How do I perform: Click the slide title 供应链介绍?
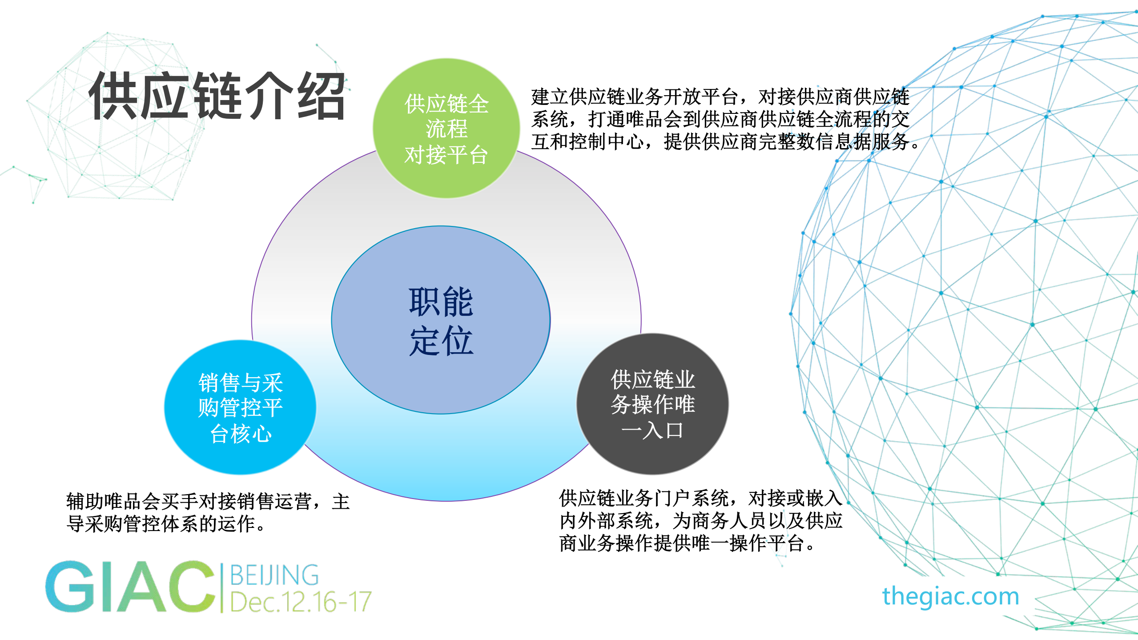(217, 96)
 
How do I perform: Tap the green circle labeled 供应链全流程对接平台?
(446, 128)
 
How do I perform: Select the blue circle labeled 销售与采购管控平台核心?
(240, 407)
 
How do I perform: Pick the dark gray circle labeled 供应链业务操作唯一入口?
(652, 404)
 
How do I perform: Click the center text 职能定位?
(441, 321)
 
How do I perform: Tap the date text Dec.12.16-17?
(301, 602)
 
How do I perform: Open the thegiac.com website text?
(950, 596)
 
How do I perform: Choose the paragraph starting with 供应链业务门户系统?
(700, 520)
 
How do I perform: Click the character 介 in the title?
(270, 96)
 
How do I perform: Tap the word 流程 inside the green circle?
(446, 129)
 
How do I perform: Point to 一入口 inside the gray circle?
(652, 430)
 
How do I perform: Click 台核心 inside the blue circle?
(240, 434)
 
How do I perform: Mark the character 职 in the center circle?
(425, 302)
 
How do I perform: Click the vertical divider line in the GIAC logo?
(221, 587)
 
